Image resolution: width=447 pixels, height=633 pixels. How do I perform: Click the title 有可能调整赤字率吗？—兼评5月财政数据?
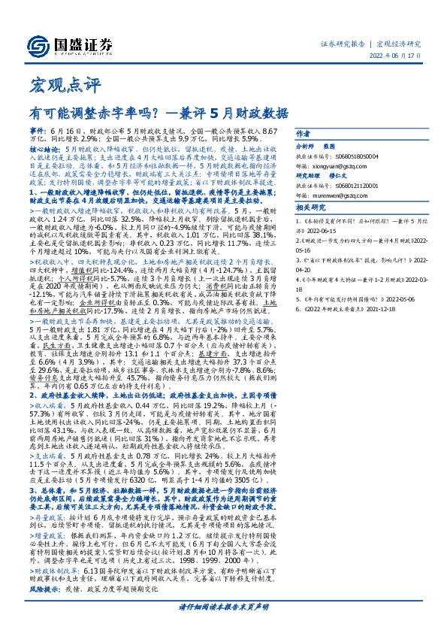[x=159, y=114]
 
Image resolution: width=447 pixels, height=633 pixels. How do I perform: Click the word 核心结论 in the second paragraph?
[x=45, y=150]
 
